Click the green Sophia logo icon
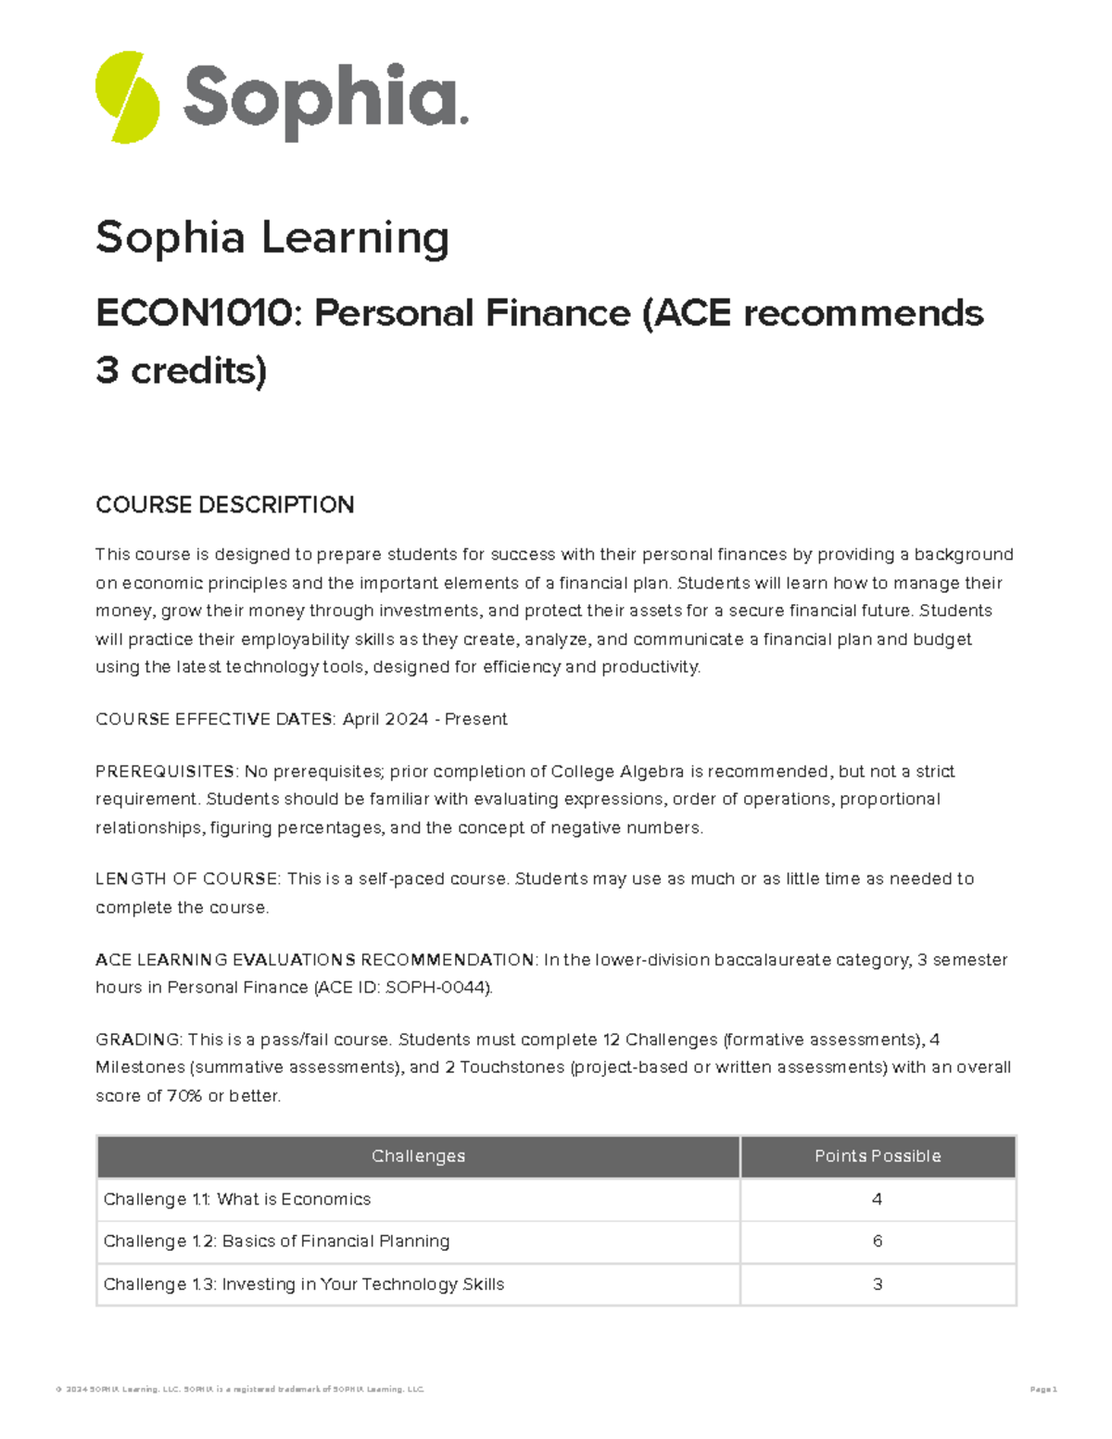pyautogui.click(x=127, y=97)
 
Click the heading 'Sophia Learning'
pyautogui.click(x=272, y=237)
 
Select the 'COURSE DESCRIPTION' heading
pyautogui.click(x=224, y=505)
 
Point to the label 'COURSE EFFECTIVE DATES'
pyautogui.click(x=215, y=719)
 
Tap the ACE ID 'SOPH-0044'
pyautogui.click(x=436, y=987)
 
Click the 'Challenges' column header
pyautogui.click(x=418, y=1156)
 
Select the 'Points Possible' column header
pyautogui.click(x=878, y=1156)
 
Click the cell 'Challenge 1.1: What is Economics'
pyautogui.click(x=237, y=1199)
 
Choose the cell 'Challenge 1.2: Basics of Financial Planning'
pyautogui.click(x=276, y=1241)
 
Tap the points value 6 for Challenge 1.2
pyautogui.click(x=878, y=1241)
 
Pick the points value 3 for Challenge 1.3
pyautogui.click(x=878, y=1284)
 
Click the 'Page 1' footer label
pyautogui.click(x=1042, y=1389)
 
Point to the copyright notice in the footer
pyautogui.click(x=239, y=1389)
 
